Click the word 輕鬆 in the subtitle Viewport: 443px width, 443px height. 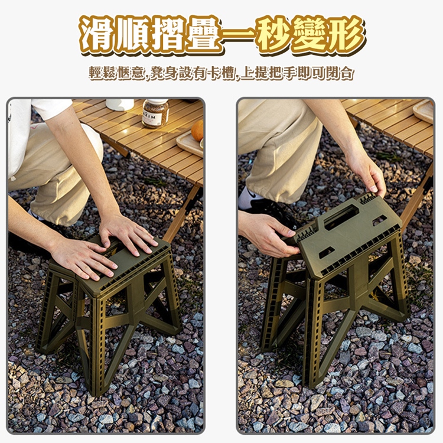tap(103, 74)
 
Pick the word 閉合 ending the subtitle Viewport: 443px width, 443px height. tap(343, 74)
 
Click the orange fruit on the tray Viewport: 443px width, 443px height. tap(198, 131)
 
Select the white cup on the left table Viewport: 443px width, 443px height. tap(120, 105)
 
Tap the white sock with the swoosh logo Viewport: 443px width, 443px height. tap(250, 197)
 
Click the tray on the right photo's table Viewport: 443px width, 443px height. tap(424, 110)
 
